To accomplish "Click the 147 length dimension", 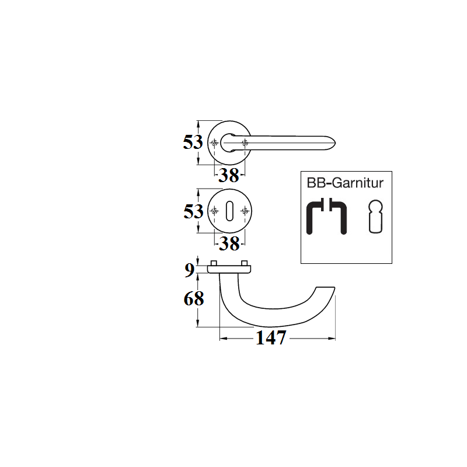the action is [x=271, y=338].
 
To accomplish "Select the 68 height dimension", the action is [x=194, y=298].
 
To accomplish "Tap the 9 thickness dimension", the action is [x=189, y=270].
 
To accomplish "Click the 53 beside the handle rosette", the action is [x=193, y=142].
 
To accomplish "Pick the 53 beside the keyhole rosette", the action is [x=194, y=211].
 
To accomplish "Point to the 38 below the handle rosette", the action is [x=229, y=175].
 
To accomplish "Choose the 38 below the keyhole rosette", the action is [x=229, y=243].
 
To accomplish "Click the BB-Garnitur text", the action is [x=345, y=183].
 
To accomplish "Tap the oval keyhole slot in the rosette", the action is [x=229, y=211].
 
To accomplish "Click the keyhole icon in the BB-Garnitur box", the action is [x=375, y=217].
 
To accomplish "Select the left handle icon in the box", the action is [x=315, y=217].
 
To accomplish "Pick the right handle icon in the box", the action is [x=338, y=217].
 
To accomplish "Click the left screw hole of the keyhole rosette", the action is [x=214, y=211].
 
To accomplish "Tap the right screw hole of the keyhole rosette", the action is [x=245, y=211].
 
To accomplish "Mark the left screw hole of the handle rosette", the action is [x=214, y=142].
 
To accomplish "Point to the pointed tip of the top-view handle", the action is [x=335, y=143].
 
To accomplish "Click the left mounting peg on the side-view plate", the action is [x=214, y=263].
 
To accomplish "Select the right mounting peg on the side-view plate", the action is [x=244, y=263].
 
